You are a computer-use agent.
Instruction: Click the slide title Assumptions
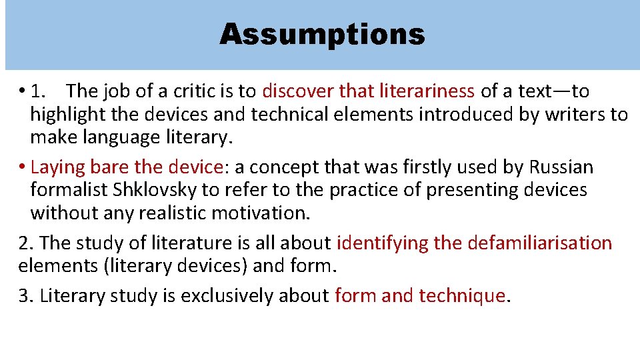[322, 34]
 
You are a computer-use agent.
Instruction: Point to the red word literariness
[437, 91]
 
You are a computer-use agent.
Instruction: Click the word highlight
[67, 115]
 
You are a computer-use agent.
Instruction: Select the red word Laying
[53, 166]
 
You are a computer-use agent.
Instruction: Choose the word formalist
[69, 190]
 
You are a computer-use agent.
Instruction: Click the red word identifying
[383, 243]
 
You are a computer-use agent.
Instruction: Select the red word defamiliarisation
[540, 243]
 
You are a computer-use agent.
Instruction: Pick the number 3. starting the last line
[26, 295]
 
